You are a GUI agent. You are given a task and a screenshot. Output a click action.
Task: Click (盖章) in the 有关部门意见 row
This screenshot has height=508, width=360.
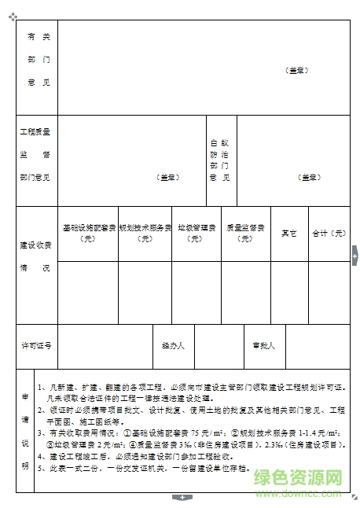298,71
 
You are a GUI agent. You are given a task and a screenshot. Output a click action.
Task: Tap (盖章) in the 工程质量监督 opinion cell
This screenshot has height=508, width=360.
167,178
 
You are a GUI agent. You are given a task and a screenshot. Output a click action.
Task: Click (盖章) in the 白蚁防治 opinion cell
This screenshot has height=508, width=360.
310,178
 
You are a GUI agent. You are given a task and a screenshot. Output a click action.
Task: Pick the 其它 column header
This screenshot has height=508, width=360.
288,234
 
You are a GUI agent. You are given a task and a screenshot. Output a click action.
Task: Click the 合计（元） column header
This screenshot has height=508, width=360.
329,234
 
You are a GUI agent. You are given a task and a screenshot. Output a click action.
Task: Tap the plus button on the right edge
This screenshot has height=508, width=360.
354,257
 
